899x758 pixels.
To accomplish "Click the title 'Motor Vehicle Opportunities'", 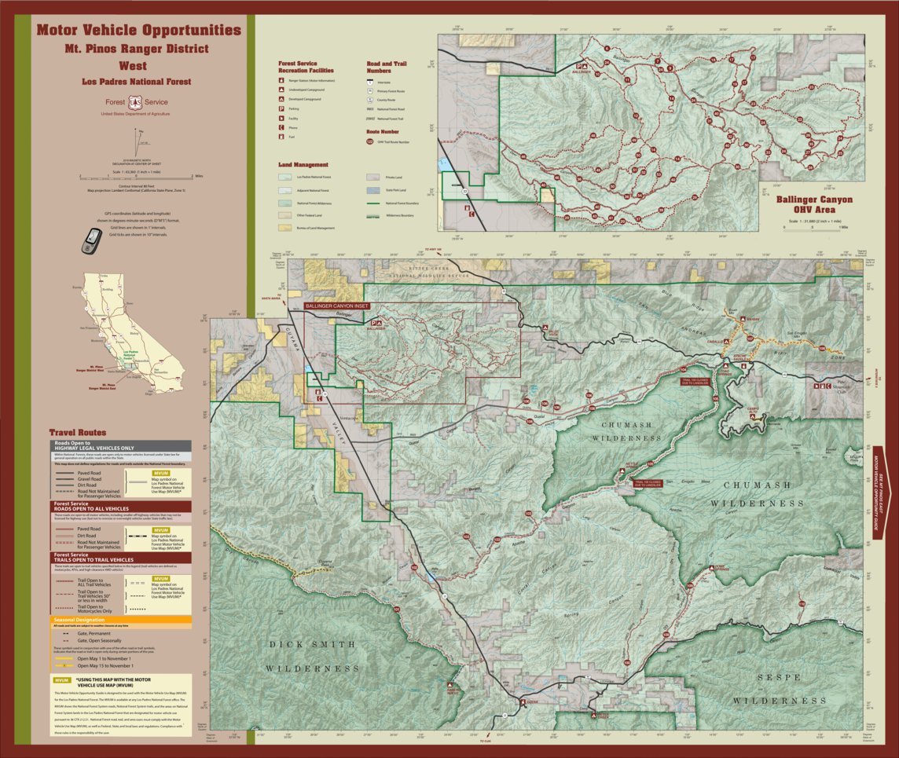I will (x=138, y=31).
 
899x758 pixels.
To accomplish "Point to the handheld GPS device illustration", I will (x=92, y=240).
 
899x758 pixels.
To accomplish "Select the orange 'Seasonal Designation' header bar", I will (x=121, y=618).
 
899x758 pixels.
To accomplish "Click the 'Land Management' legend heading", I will (x=303, y=166).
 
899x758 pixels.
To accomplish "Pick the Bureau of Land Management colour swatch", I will (x=284, y=228).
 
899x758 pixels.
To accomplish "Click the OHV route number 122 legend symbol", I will (x=370, y=142).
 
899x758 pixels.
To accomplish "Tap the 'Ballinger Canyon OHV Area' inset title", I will (x=813, y=204).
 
